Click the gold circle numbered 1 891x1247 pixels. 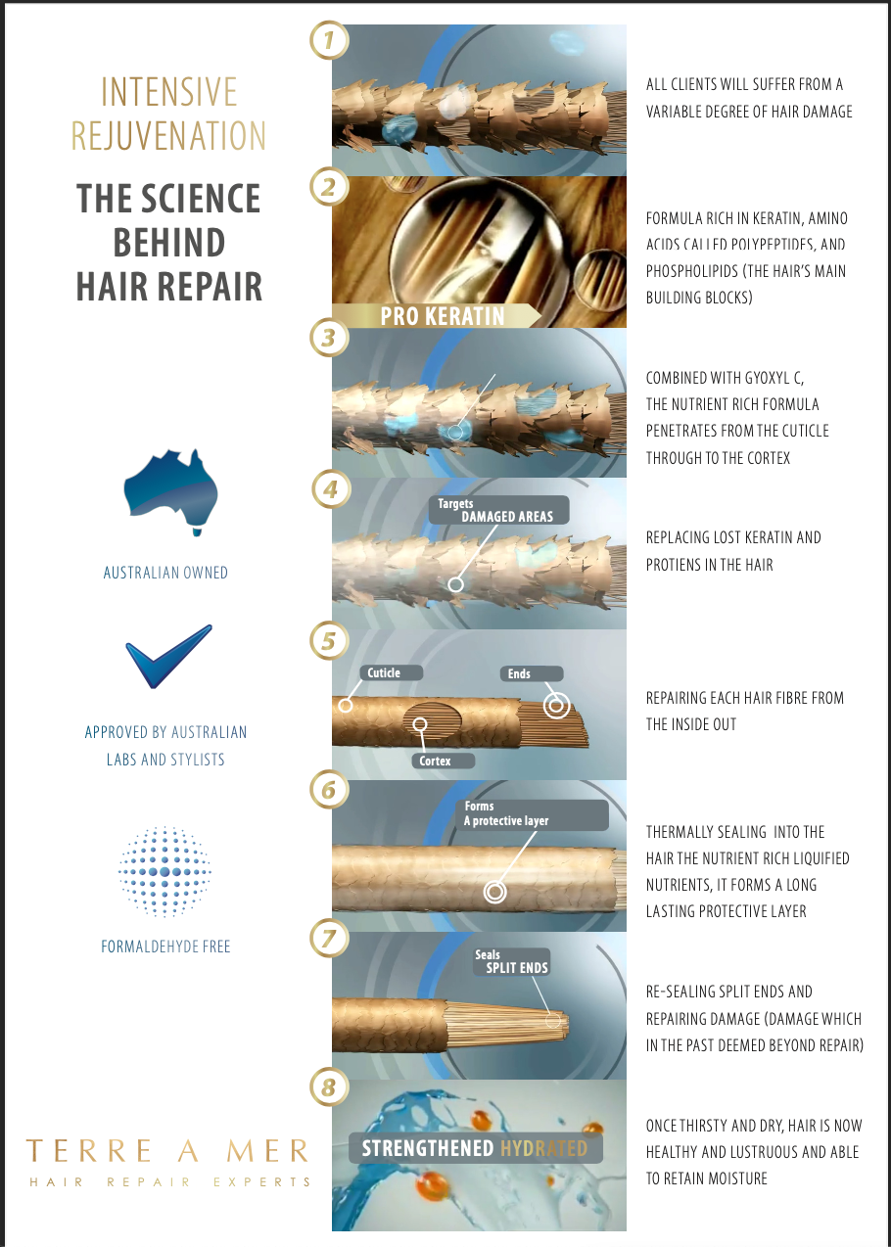[x=329, y=40]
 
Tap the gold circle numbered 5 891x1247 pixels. [x=329, y=641]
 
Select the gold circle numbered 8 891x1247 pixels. [x=329, y=1086]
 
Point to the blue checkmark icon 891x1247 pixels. [x=168, y=657]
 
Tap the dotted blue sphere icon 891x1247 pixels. [x=164, y=872]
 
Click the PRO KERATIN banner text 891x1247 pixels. [x=443, y=316]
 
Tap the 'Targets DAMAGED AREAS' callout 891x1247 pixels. [x=499, y=510]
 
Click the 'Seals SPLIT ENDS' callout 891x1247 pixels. [x=512, y=962]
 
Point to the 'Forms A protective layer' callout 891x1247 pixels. [x=532, y=814]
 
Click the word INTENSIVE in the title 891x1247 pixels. [x=169, y=92]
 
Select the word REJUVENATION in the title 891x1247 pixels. [x=168, y=135]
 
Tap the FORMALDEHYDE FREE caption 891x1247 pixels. [x=165, y=947]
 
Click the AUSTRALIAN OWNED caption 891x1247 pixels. [x=165, y=573]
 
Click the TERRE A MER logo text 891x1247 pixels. [x=167, y=1151]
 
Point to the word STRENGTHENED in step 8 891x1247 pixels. [x=428, y=1148]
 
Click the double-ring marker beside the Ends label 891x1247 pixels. [x=556, y=706]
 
